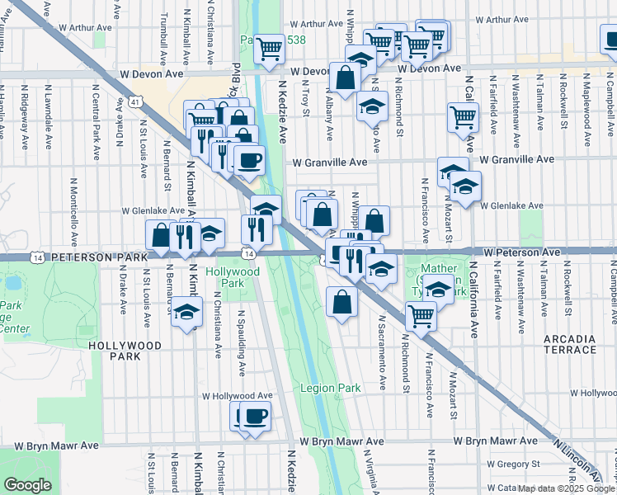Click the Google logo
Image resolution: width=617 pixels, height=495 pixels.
click(x=28, y=486)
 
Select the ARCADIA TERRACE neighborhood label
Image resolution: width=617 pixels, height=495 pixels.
click(x=569, y=345)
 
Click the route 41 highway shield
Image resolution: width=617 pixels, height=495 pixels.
click(x=133, y=102)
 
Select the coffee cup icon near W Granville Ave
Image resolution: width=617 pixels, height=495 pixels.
click(x=249, y=159)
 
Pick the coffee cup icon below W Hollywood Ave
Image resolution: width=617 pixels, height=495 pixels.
click(x=254, y=417)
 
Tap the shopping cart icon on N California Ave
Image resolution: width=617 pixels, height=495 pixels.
click(x=463, y=117)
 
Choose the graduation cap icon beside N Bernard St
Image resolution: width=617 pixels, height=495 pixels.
click(x=186, y=313)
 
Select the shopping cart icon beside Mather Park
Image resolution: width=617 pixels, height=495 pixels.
click(x=422, y=315)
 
